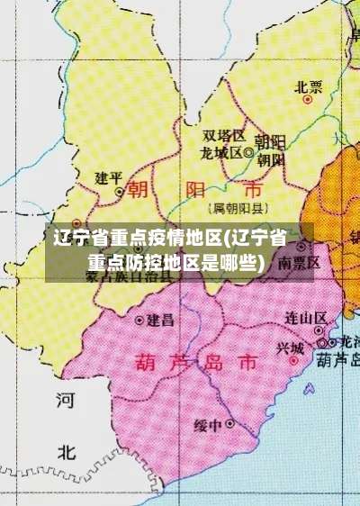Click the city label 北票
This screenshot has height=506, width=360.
309,87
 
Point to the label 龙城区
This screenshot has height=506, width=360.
220,152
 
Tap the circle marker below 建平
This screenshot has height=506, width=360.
120,192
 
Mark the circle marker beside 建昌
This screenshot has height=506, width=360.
139,320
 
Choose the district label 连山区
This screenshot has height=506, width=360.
306,318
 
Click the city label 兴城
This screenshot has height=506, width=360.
290,348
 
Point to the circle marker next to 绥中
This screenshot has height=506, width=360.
231,422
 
